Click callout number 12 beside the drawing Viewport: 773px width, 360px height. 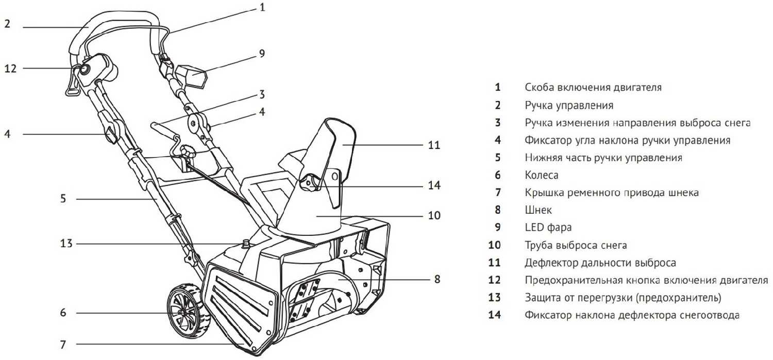click(11, 68)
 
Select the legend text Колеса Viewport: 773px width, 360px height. click(541, 175)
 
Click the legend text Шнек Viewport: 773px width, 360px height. click(538, 210)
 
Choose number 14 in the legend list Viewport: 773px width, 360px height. click(495, 315)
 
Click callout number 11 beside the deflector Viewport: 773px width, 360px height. click(434, 145)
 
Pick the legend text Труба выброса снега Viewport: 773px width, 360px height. click(576, 245)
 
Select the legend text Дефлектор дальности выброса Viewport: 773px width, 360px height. click(600, 263)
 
